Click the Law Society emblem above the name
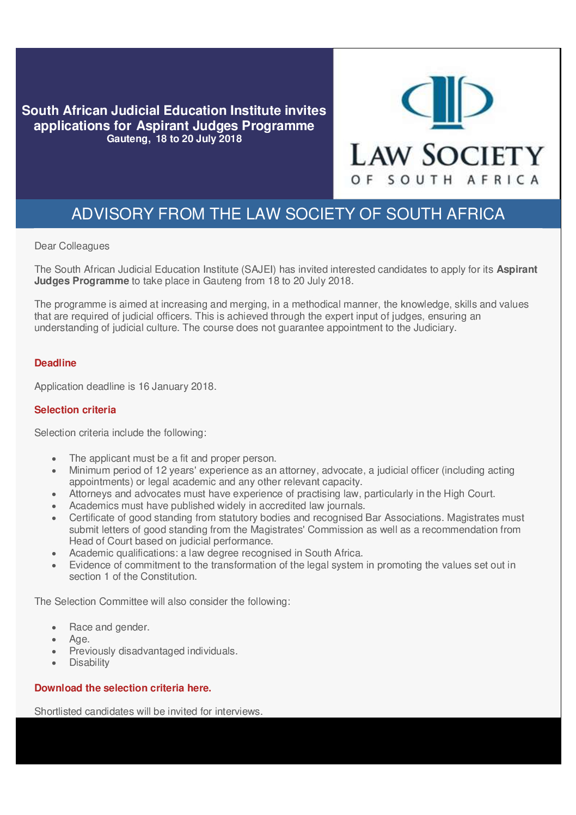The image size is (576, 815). coord(446,102)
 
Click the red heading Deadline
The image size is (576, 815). coord(55,363)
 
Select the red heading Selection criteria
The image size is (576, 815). coord(75,410)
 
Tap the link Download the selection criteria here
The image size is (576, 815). coord(122,688)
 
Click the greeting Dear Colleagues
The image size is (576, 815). coord(72,246)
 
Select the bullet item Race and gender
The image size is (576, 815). coord(109,627)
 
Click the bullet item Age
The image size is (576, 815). coord(79,639)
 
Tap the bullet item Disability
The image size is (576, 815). coord(89,663)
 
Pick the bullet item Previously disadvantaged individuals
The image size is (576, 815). coord(153,651)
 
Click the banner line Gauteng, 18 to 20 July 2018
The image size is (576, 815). coord(174,139)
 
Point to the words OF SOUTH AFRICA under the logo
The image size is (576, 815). coord(445,180)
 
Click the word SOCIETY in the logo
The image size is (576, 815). coord(483,156)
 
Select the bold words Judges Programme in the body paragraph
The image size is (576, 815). coord(82,281)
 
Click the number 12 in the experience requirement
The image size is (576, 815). coord(161,470)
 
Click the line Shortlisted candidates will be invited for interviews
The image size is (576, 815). coord(148,712)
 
